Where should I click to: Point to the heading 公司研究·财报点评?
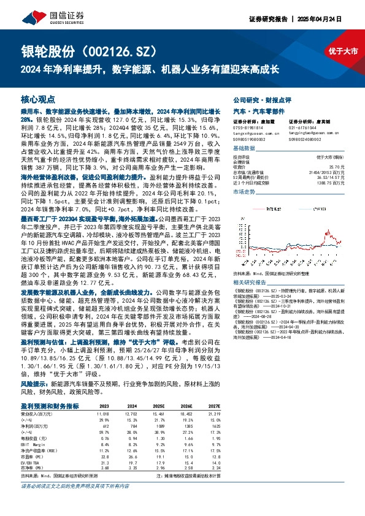pyautogui.click(x=260, y=99)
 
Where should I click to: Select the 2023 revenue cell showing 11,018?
pyautogui.click(x=102, y=414)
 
